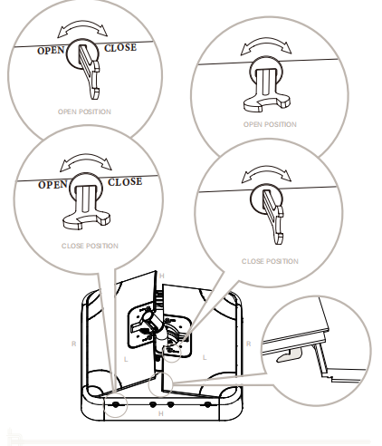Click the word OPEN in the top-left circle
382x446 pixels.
(51, 51)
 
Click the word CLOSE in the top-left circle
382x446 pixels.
(120, 48)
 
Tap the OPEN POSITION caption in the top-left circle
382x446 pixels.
(84, 111)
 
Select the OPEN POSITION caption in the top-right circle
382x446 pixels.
(270, 124)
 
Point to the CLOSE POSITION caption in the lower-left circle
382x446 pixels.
(90, 246)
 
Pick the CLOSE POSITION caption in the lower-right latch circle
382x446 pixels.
(270, 261)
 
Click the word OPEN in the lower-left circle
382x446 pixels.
(53, 185)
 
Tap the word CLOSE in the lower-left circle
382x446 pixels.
(125, 182)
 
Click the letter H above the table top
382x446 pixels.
(162, 276)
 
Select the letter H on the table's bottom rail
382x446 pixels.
(161, 413)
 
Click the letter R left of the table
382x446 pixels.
(73, 344)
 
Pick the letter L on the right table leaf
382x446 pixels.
(205, 358)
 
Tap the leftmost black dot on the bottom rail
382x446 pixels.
(116, 404)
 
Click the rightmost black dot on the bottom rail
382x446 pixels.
(207, 404)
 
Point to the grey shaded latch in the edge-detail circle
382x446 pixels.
(289, 354)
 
